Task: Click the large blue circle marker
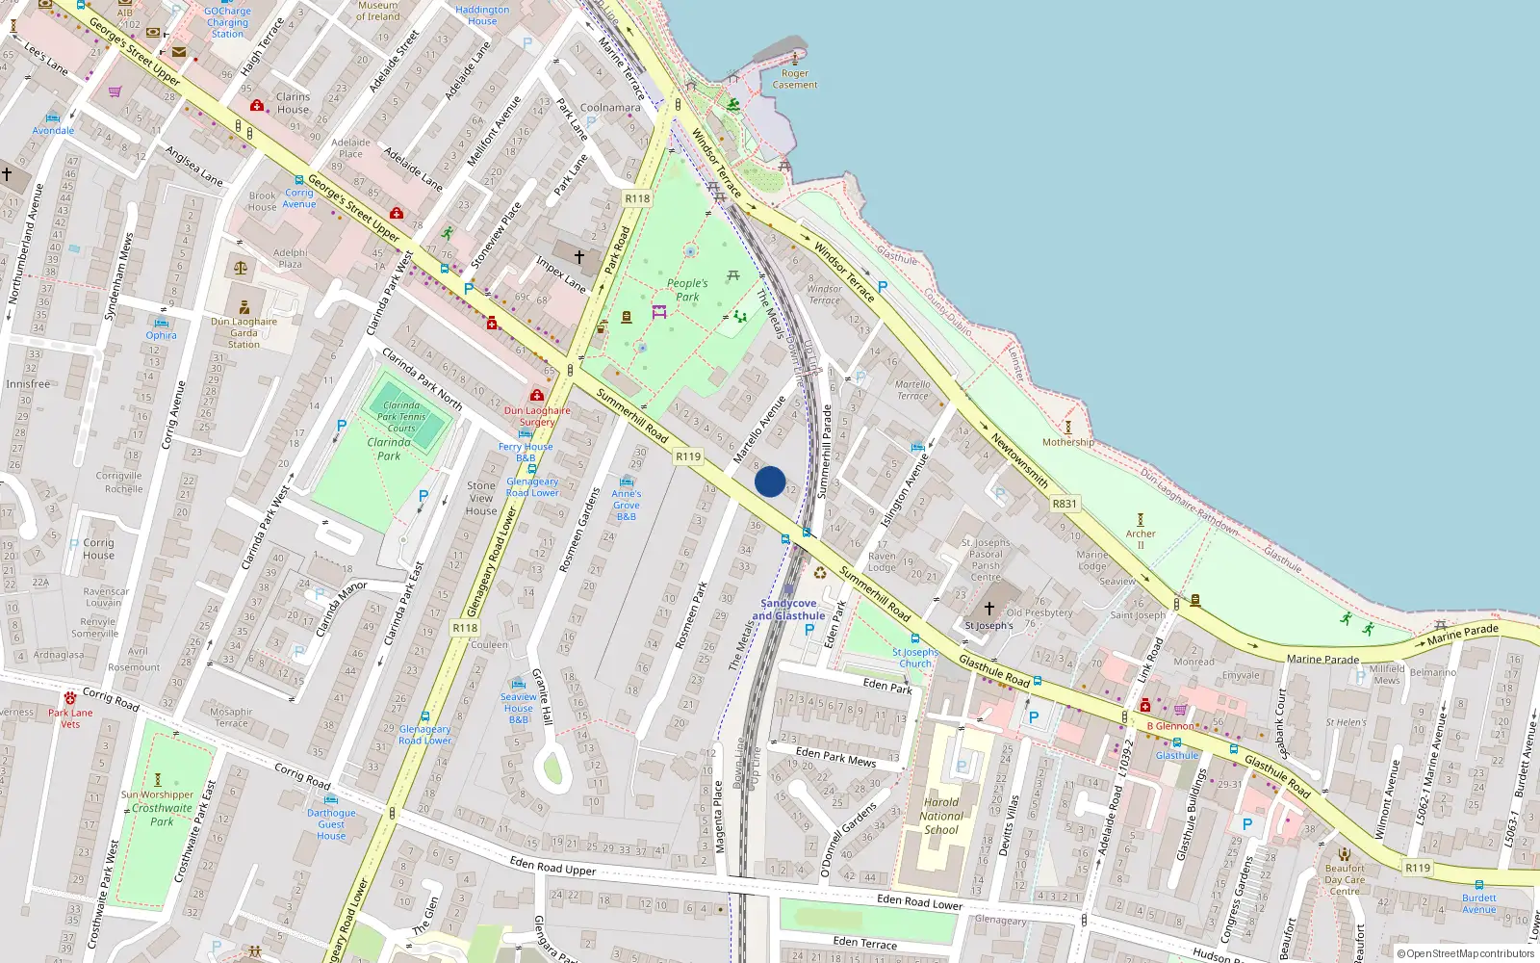point(770,481)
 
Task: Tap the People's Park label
point(687,290)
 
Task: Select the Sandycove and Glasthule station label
point(788,610)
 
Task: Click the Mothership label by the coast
point(1067,442)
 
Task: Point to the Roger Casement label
point(795,79)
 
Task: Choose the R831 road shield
point(1065,504)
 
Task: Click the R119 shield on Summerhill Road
point(687,456)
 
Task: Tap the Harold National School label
point(941,816)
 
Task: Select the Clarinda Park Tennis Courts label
point(401,417)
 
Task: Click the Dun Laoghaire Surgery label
point(537,416)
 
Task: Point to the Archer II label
point(1141,539)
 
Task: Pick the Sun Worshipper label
point(158,794)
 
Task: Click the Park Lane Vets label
point(70,718)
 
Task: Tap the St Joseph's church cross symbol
point(988,609)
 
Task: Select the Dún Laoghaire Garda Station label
point(244,333)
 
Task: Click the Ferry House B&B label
point(526,452)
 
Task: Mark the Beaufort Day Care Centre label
point(1345,879)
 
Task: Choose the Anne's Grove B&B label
point(627,505)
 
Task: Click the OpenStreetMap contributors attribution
point(1465,953)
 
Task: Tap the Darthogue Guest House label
point(331,824)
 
